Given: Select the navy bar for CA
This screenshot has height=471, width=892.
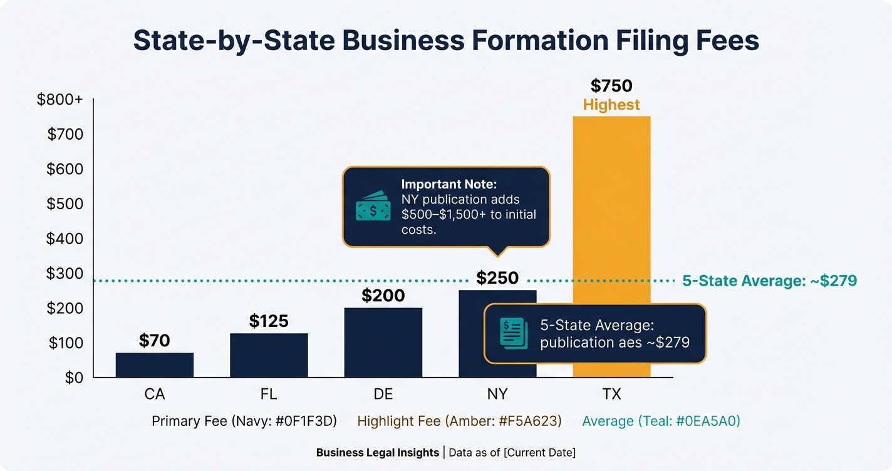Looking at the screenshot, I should (155, 365).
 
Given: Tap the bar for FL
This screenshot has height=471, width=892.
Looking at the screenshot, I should (269, 355).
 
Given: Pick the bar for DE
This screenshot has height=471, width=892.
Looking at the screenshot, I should (383, 343).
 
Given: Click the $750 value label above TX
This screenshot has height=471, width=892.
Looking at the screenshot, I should (611, 86).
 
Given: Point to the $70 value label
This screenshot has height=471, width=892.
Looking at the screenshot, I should (155, 341).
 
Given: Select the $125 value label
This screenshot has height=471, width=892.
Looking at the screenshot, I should (269, 321).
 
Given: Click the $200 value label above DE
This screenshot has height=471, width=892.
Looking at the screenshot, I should (383, 296).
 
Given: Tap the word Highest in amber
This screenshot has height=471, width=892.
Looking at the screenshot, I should (611, 105).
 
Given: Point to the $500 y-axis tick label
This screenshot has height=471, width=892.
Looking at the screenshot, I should (65, 204).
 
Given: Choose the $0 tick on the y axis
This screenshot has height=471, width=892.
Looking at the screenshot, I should (73, 378).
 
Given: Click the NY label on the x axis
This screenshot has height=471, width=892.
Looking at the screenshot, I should (497, 395).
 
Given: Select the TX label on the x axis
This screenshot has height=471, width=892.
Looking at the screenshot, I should (611, 395).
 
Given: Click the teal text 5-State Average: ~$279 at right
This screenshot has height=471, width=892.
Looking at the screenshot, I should (769, 281).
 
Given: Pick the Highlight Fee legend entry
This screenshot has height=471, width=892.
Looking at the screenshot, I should (459, 421).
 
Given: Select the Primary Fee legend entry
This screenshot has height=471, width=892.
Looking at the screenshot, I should (244, 421).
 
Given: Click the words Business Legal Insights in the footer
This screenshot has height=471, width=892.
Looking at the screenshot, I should (377, 452).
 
